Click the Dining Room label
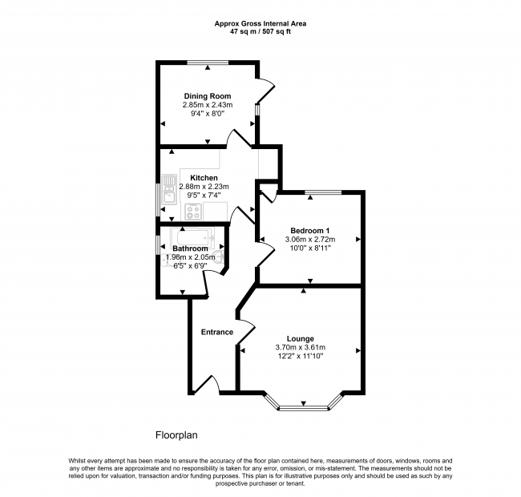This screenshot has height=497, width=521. [x=208, y=96]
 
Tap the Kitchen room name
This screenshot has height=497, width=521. [x=204, y=178]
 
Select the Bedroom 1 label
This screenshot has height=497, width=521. [x=310, y=231]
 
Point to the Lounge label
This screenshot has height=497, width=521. [x=301, y=339]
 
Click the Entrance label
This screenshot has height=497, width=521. [x=217, y=332]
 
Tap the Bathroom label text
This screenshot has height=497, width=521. [x=191, y=248]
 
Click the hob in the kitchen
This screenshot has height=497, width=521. [x=193, y=212]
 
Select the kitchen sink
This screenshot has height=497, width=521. [x=169, y=189]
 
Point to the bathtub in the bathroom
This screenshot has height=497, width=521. [x=192, y=236]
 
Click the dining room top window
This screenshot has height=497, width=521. [x=208, y=63]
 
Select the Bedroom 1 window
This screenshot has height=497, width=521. [x=323, y=192]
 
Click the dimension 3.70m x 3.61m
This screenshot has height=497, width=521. [x=301, y=348]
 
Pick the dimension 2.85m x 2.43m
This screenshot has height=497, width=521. [x=208, y=105]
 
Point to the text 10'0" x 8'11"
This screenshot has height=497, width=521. [x=310, y=248]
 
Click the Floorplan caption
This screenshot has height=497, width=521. [x=176, y=435]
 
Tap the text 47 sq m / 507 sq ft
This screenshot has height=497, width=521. [x=260, y=32]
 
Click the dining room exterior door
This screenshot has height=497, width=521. [x=265, y=90]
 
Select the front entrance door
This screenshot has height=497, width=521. [x=207, y=385]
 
